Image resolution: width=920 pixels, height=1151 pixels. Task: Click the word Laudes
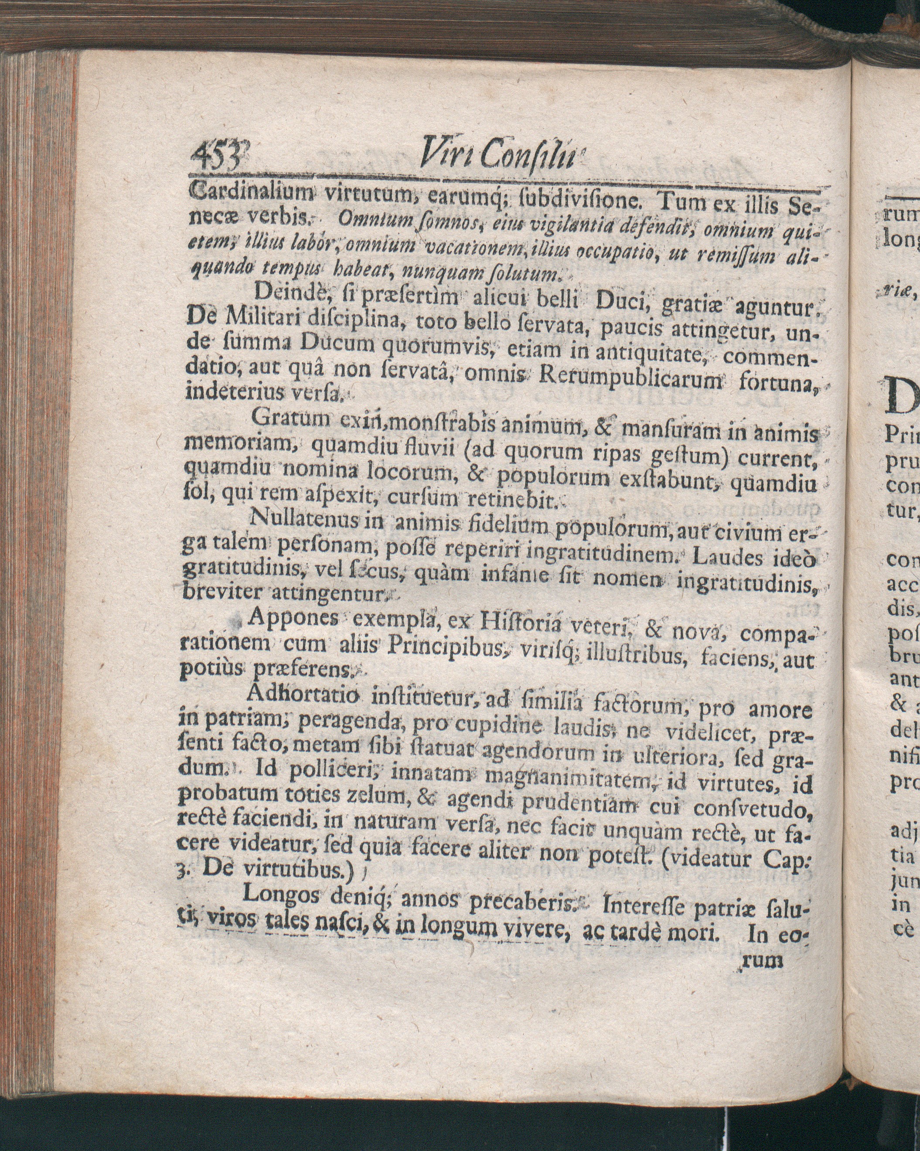click(x=730, y=558)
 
